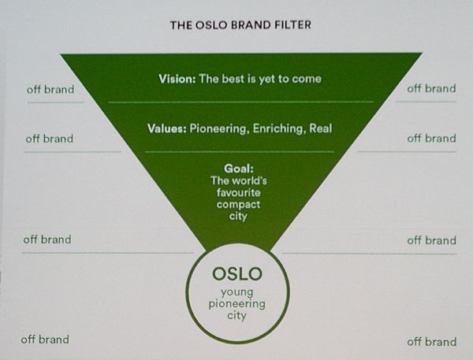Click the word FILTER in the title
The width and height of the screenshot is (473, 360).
pos(292,24)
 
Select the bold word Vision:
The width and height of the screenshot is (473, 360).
pos(177,79)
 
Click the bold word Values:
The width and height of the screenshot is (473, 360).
pos(167,128)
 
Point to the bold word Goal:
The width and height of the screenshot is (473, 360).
pos(239,169)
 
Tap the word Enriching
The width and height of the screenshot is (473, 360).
pos(277,128)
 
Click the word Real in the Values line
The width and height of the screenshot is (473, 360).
pos(320,128)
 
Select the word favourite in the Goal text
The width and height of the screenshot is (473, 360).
pos(238,192)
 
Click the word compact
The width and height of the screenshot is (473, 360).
pos(238,205)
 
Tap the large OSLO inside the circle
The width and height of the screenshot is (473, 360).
pos(237,274)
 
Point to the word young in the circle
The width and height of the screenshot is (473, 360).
pos(237,292)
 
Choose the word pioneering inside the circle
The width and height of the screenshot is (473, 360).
pos(237,303)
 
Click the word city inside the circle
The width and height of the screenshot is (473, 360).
pos(237,316)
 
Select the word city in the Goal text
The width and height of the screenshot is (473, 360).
pos(238,216)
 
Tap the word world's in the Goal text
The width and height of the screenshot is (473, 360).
pos(249,180)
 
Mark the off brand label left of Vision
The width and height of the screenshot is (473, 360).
pos(50,90)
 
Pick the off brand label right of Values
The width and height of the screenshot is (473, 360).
pos(431,139)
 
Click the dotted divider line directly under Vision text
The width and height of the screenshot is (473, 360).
pos(240,102)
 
